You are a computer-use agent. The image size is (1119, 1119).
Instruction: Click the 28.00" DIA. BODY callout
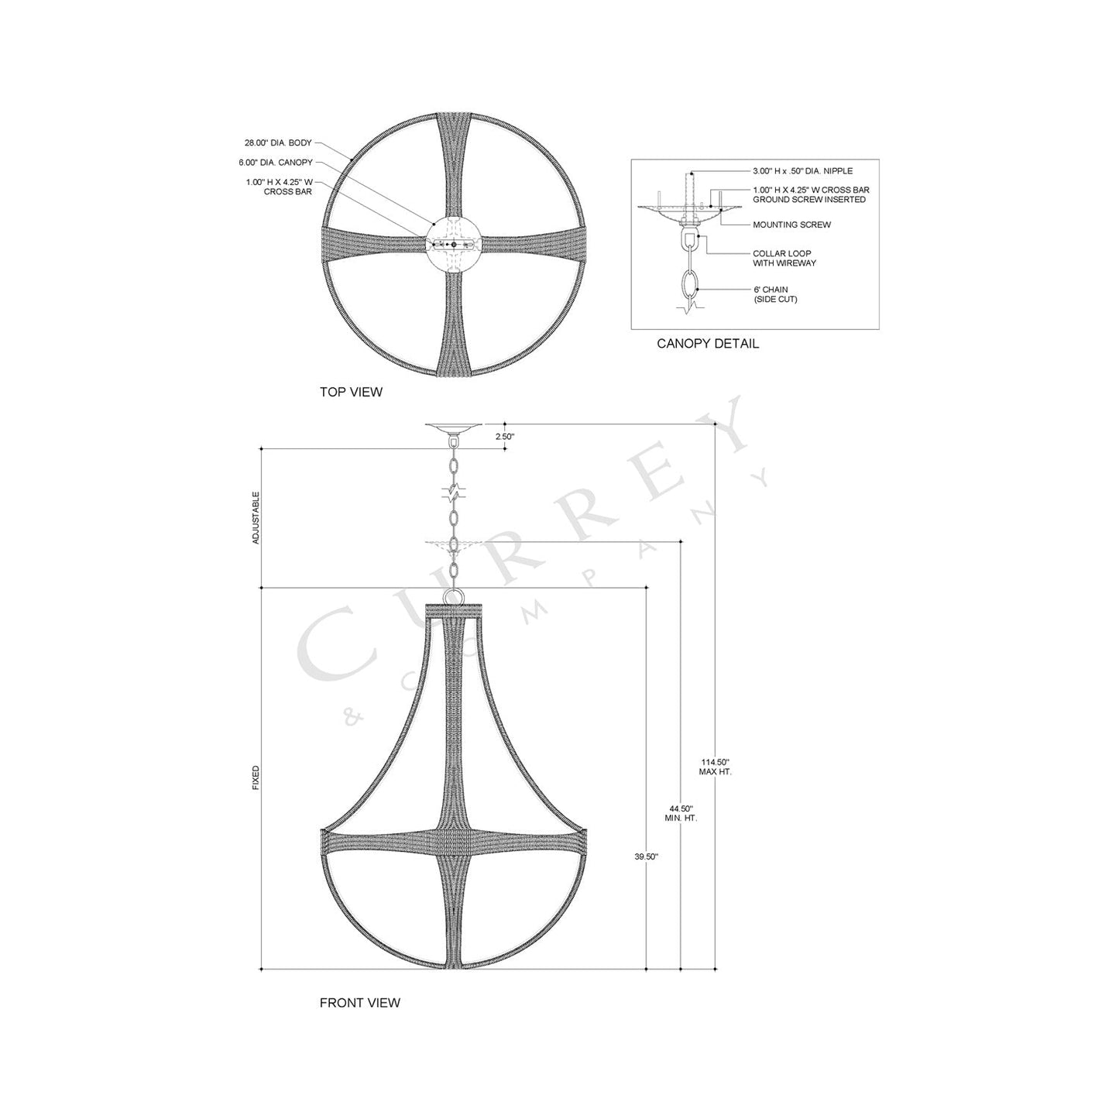pyautogui.click(x=278, y=143)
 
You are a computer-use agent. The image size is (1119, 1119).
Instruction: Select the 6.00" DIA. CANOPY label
pyautogui.click(x=276, y=163)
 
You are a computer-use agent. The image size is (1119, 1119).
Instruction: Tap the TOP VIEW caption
pyautogui.click(x=351, y=392)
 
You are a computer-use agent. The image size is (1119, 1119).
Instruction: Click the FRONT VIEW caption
pyautogui.click(x=360, y=1003)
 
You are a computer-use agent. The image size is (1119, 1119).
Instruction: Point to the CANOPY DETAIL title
pyautogui.click(x=708, y=343)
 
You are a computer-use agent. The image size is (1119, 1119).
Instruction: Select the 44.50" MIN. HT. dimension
pyautogui.click(x=681, y=812)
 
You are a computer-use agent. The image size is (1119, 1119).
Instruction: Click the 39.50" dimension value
pyautogui.click(x=646, y=856)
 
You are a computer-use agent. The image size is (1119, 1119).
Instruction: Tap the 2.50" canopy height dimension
pyautogui.click(x=505, y=437)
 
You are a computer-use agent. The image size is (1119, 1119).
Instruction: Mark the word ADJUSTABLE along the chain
pyautogui.click(x=256, y=517)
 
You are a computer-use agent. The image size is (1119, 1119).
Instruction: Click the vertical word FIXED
pyautogui.click(x=256, y=778)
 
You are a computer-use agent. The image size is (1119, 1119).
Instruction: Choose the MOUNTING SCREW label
pyautogui.click(x=791, y=225)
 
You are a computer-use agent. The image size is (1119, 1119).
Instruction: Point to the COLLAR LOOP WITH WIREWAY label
pyautogui.click(x=784, y=259)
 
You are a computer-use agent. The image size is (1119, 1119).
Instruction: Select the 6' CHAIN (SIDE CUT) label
pyautogui.click(x=774, y=294)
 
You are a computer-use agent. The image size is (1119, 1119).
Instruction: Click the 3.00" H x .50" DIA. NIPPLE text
pyautogui.click(x=802, y=171)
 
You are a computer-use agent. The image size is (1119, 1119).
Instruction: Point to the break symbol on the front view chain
pyautogui.click(x=454, y=491)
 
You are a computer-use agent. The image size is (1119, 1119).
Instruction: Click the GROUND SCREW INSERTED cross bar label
pyautogui.click(x=810, y=194)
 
